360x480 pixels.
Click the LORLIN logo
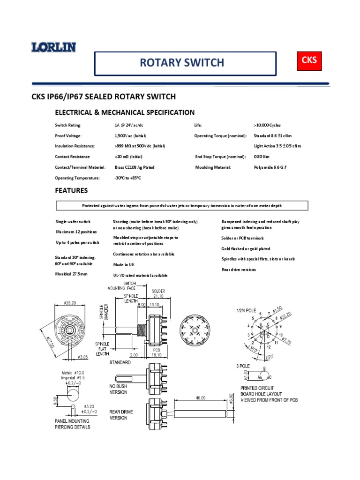pyautogui.click(x=53, y=47)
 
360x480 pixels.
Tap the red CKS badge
pyautogui.click(x=309, y=60)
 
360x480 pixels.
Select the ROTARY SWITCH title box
pyautogui.click(x=185, y=63)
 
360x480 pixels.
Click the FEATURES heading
pyautogui.click(x=71, y=191)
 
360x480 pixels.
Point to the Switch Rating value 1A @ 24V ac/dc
pyautogui.click(x=129, y=125)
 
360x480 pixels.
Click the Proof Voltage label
pyautogui.click(x=70, y=136)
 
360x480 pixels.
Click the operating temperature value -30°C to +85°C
pyautogui.click(x=127, y=178)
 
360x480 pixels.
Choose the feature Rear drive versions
pyautogui.click(x=242, y=270)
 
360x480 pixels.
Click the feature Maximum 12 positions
pyautogui.click(x=76, y=232)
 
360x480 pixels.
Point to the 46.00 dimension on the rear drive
pyautogui.click(x=201, y=397)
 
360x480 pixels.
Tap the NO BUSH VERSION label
pyautogui.click(x=119, y=389)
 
